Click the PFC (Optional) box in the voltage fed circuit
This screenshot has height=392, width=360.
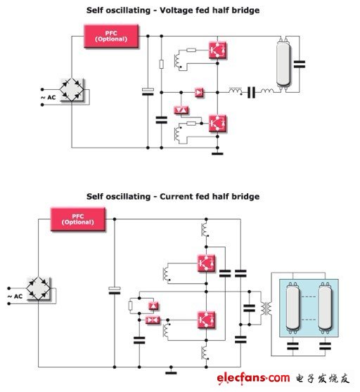(111, 37)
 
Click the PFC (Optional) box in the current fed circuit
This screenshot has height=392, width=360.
(78, 219)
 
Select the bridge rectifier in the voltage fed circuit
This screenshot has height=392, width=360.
(72, 89)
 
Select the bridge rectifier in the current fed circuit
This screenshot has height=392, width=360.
(39, 288)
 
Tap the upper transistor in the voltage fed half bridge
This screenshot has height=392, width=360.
(217, 51)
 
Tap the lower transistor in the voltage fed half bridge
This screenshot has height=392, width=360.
(217, 123)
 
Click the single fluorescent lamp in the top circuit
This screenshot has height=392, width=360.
(283, 64)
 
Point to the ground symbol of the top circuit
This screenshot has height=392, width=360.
(217, 152)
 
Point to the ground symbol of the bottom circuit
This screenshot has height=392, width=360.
(171, 372)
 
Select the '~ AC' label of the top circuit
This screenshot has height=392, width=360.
(48, 98)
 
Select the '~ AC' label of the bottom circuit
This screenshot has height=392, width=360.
(15, 296)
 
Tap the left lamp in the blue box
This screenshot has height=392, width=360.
(293, 308)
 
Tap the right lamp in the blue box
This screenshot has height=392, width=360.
(326, 308)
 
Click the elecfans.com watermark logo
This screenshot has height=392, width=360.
(253, 378)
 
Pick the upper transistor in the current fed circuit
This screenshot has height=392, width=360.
(206, 263)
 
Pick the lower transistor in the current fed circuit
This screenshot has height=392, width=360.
(206, 320)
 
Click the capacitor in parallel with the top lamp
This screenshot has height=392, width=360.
(300, 64)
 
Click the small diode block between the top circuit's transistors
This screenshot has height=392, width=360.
(199, 93)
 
